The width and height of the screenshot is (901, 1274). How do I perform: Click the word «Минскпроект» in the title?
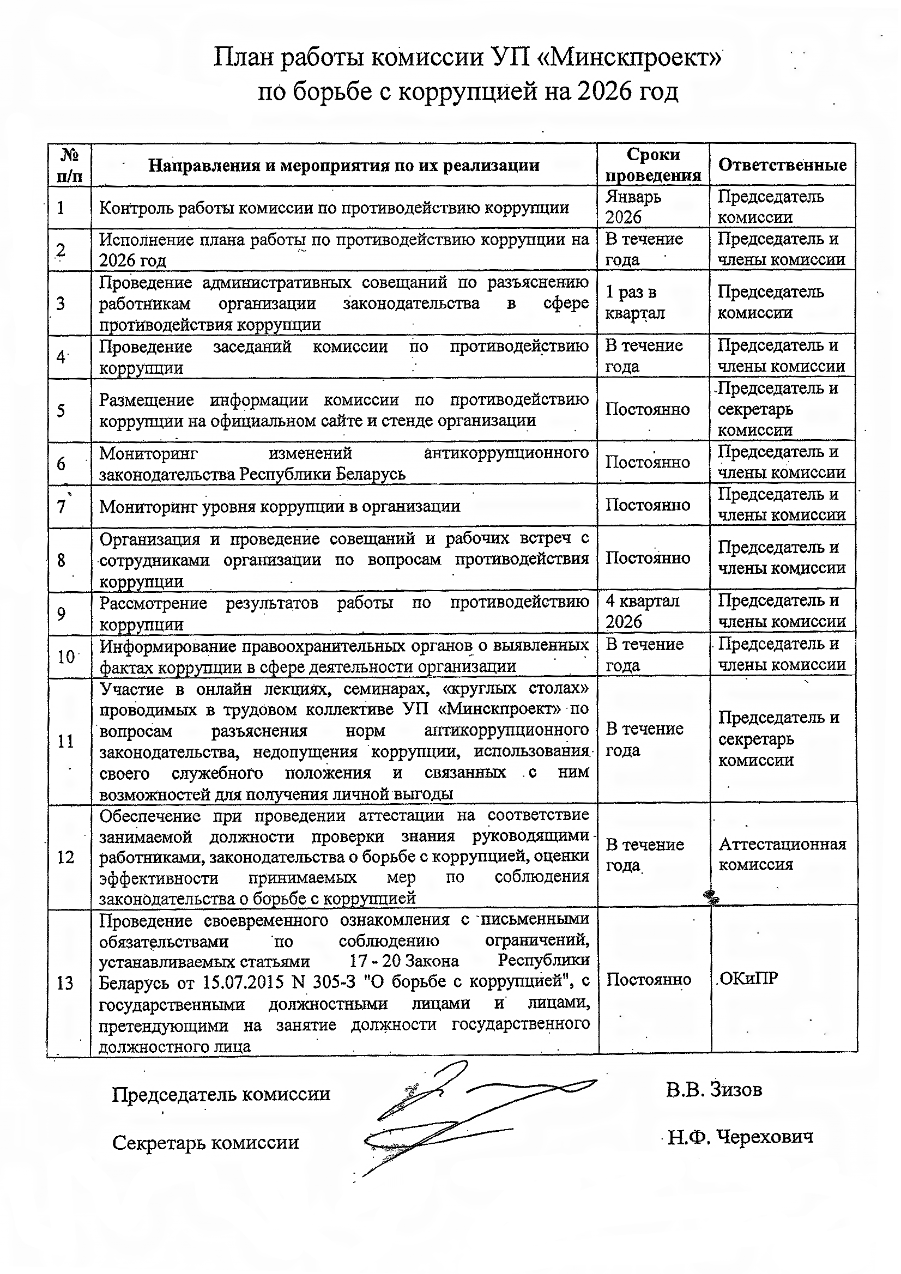[632, 57]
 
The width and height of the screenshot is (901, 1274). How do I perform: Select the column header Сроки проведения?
[653, 165]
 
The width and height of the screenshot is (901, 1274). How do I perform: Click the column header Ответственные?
[782, 165]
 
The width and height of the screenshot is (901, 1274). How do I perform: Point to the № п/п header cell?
[69, 165]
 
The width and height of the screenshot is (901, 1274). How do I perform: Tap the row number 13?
[65, 984]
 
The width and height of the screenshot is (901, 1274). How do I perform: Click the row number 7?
[61, 507]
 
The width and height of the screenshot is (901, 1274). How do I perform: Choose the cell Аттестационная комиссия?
[782, 854]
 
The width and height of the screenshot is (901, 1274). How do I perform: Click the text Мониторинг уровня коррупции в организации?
[280, 507]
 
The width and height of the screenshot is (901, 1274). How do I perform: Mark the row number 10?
[66, 657]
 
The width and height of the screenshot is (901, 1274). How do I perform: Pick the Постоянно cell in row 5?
[648, 410]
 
